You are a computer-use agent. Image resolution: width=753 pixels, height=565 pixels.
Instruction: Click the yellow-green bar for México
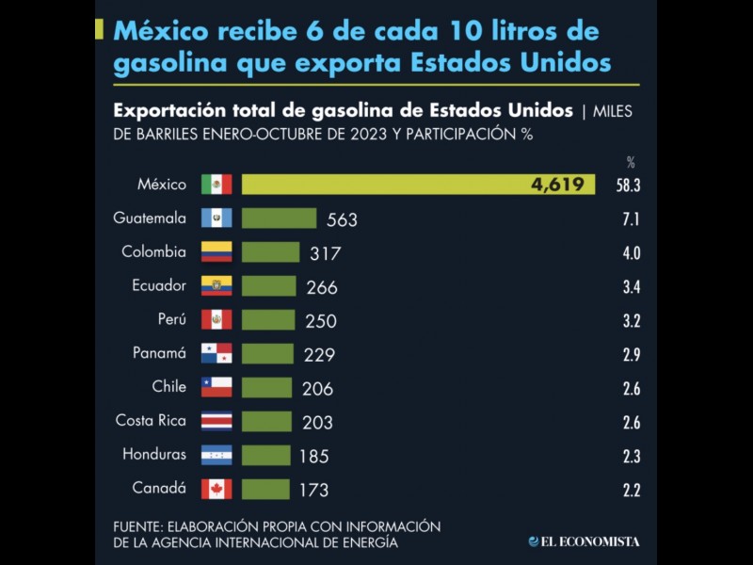(418, 185)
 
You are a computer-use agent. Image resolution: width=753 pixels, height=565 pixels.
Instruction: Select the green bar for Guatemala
(279, 218)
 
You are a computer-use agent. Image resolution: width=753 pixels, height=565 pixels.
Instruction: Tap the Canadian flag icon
(216, 489)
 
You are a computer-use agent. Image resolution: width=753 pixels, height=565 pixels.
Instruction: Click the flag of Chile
(216, 387)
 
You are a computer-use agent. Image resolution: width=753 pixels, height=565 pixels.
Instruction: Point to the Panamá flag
(216, 354)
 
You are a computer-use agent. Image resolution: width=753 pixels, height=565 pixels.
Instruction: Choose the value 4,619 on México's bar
(557, 185)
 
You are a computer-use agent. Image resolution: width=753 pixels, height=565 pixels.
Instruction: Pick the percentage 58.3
(629, 186)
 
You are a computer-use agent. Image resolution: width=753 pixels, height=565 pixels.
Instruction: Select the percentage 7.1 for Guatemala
(631, 219)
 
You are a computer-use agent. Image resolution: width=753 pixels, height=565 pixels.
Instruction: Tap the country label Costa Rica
(151, 421)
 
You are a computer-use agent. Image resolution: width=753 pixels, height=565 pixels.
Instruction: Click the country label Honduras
(154, 455)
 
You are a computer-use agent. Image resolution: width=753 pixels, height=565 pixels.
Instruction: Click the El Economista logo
(584, 541)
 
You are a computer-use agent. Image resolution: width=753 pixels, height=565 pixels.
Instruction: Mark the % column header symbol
(631, 162)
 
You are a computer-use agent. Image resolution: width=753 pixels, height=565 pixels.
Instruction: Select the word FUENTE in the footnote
(139, 525)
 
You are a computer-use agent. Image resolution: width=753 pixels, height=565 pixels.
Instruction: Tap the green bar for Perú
(268, 320)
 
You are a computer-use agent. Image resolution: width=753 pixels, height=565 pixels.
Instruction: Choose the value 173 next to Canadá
(313, 490)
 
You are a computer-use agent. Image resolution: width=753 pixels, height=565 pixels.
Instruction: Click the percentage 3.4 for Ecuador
(631, 287)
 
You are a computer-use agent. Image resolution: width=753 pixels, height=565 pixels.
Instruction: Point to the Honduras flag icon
(216, 455)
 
